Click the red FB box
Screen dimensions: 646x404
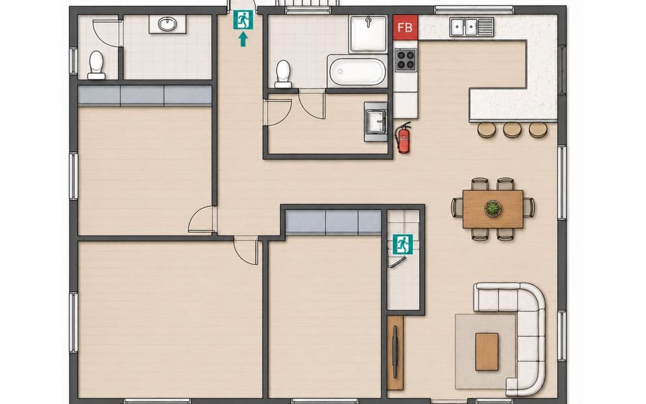pyautogui.click(x=405, y=27)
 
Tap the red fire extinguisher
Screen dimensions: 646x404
pyautogui.click(x=403, y=137)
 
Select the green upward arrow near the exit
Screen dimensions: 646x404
pyautogui.click(x=243, y=39)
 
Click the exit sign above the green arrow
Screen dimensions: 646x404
pyautogui.click(x=243, y=20)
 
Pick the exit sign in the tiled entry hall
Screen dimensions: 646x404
pyautogui.click(x=402, y=244)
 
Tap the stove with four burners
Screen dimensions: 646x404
pyautogui.click(x=406, y=60)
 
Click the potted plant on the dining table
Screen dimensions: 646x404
pyautogui.click(x=493, y=208)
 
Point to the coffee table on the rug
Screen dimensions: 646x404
pyautogui.click(x=487, y=351)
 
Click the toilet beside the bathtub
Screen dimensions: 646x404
pyautogui.click(x=283, y=74)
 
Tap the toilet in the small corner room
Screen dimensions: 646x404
pyautogui.click(x=96, y=65)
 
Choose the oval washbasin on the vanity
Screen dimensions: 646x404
pyautogui.click(x=168, y=24)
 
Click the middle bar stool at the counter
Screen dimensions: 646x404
pyautogui.click(x=512, y=130)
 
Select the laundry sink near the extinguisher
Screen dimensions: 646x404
pyautogui.click(x=376, y=122)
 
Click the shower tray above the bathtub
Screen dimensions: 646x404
pyautogui.click(x=368, y=34)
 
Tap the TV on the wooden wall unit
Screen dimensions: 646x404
pyautogui.click(x=396, y=351)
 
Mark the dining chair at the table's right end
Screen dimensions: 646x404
pyautogui.click(x=529, y=207)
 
